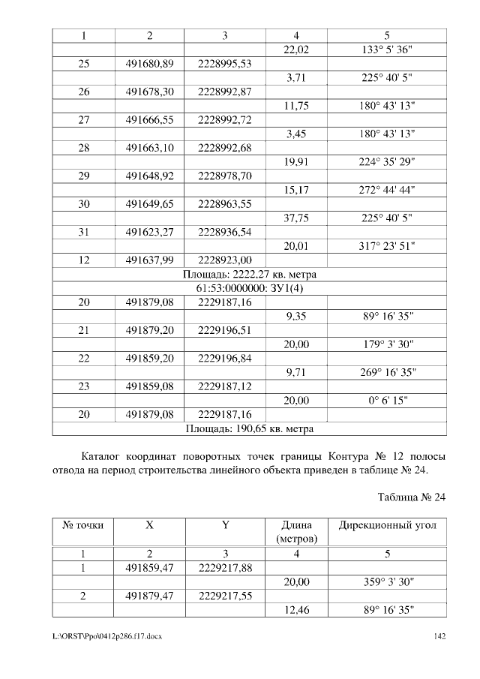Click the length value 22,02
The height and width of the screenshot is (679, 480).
pyautogui.click(x=297, y=50)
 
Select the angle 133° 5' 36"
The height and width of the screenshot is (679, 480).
pyautogui.click(x=387, y=50)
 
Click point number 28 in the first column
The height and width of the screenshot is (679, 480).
pyautogui.click(x=83, y=148)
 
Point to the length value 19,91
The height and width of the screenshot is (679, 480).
pyautogui.click(x=297, y=162)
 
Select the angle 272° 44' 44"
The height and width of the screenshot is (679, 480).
pyautogui.click(x=387, y=191)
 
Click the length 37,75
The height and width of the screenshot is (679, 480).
pyautogui.click(x=297, y=218)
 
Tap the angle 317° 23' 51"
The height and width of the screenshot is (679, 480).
pyautogui.click(x=387, y=246)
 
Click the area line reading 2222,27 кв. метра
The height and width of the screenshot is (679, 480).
pyautogui.click(x=249, y=275)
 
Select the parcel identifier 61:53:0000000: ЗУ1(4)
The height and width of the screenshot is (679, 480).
pyautogui.click(x=249, y=288)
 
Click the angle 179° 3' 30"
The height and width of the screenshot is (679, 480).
pyautogui.click(x=387, y=344)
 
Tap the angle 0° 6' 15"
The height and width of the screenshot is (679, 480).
pyautogui.click(x=387, y=401)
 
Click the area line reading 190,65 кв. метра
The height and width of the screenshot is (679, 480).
pyautogui.click(x=249, y=429)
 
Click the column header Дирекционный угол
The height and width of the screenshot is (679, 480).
pyautogui.click(x=387, y=526)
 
